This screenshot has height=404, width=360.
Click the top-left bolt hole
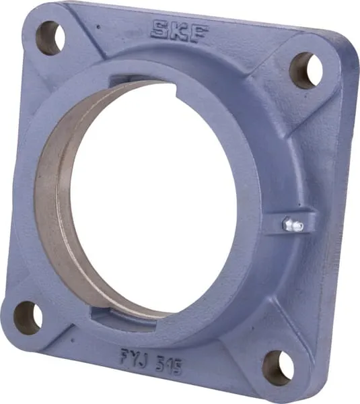point(50,38)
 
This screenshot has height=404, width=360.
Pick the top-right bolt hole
point(306,70)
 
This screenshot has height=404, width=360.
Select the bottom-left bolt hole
point(28,318)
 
